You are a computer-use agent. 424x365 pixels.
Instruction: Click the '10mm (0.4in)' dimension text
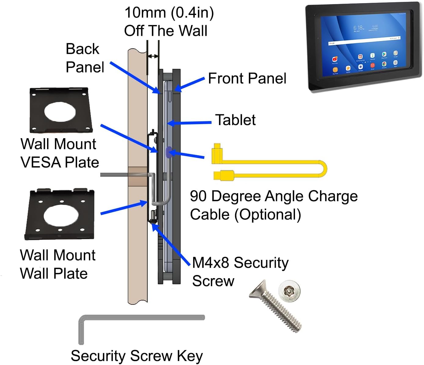pos(169,13)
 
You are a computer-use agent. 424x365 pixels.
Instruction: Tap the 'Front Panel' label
pos(247,79)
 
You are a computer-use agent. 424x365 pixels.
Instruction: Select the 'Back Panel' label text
pos(85,58)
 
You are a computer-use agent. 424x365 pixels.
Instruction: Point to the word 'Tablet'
pos(235,120)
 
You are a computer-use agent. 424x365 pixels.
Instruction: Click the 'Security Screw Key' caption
pos(137,356)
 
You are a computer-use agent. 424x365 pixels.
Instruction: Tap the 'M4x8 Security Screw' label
pos(240,272)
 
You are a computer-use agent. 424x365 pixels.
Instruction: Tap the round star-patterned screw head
pos(289,291)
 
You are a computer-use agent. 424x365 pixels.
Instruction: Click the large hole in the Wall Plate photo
pos(59,215)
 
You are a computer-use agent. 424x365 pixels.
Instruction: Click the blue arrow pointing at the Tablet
pos(190,123)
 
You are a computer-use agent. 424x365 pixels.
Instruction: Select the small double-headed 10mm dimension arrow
pos(153,56)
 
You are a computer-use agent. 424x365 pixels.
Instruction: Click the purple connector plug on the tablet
pos(168,152)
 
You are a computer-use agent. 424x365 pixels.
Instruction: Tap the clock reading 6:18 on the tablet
pos(358,28)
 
